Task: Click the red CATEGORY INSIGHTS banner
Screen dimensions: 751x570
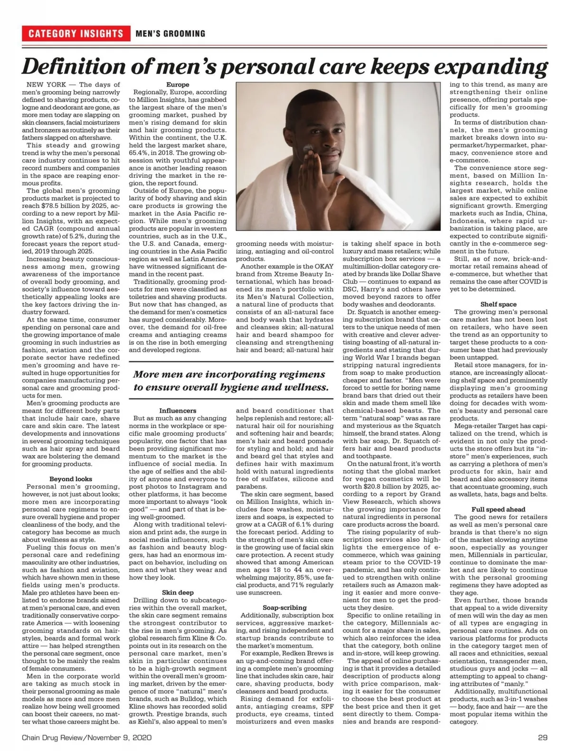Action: (76, 33)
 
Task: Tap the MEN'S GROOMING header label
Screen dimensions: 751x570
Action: (171, 34)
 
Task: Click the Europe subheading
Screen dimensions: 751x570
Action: (178, 85)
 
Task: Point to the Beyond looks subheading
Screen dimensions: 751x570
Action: (71, 479)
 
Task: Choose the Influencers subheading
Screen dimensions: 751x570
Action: (178, 410)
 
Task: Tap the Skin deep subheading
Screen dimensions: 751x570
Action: (178, 592)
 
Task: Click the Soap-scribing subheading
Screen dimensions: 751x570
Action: (285, 608)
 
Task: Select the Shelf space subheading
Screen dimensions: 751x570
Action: (498, 304)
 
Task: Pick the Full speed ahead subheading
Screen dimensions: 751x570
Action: (498, 509)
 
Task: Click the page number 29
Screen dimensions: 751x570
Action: (543, 738)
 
